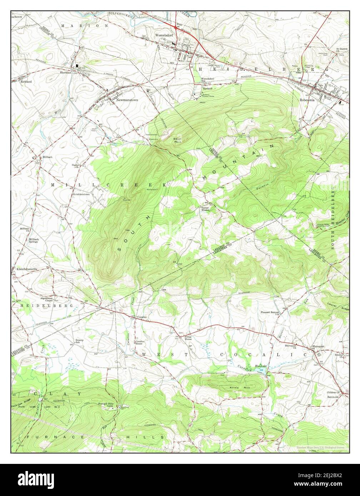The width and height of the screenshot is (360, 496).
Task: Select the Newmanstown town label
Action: (x=127, y=100)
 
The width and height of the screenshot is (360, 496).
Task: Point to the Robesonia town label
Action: (x=307, y=100)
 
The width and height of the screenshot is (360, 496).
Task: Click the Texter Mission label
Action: (x=205, y=209)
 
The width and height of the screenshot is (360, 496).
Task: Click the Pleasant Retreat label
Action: (x=269, y=312)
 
